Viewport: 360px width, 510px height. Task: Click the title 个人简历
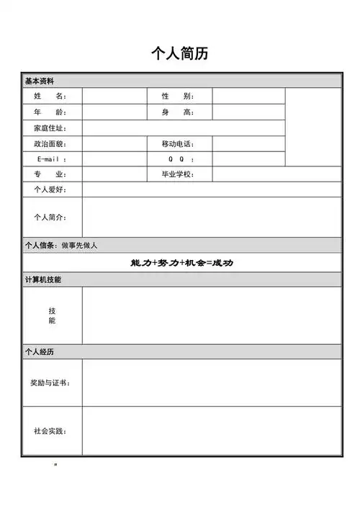[180, 54]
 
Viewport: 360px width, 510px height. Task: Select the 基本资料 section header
[40, 81]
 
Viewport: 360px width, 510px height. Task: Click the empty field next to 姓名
[114, 97]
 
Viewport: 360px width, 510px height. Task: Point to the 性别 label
[178, 97]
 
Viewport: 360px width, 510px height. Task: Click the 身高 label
[178, 112]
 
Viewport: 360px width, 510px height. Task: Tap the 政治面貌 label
[50, 144]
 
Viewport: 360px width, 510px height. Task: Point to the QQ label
[180, 159]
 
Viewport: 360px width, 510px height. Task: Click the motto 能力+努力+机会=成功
[181, 263]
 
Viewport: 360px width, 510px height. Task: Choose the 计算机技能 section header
[43, 279]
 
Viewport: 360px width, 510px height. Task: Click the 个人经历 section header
[40, 352]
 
